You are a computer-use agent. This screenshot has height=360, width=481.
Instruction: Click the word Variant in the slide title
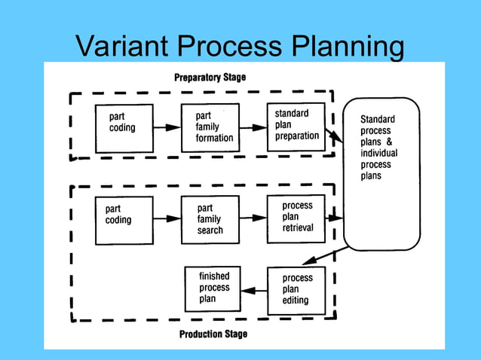pos(121,47)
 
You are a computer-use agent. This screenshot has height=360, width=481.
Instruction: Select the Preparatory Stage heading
pos(210,78)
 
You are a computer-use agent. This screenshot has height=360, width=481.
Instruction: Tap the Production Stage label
pos(213,334)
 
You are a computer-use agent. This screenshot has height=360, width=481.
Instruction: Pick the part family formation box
pos(210,127)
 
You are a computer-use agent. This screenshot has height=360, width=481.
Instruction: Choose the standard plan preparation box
pos(296,126)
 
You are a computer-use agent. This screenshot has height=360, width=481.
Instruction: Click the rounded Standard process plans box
pos(381,173)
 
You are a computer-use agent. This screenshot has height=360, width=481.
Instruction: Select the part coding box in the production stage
pos(124,220)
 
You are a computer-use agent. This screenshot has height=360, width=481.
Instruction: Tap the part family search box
pos(210,219)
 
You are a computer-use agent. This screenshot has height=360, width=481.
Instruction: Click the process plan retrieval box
pos(296,218)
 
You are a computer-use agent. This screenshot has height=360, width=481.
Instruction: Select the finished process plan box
pos(214,288)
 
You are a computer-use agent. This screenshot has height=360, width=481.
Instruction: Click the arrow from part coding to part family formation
pos(167,127)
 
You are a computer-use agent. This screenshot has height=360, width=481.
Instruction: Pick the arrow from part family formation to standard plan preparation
pos(253,127)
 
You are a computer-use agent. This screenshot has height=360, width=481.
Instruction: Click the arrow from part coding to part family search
pos(167,218)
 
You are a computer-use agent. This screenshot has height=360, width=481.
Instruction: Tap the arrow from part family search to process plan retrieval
pos(253,218)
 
